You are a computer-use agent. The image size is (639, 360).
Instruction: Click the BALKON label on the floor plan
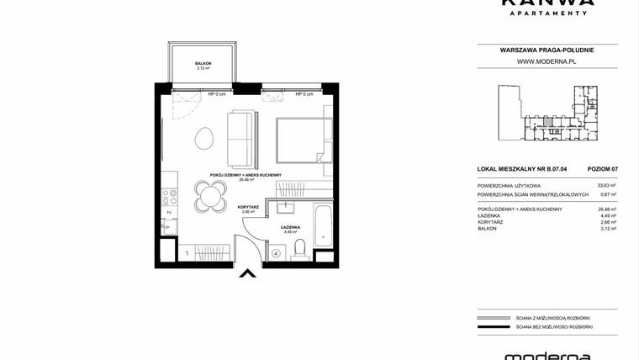click(x=203, y=63)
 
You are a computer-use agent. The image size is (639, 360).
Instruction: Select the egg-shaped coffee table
click(x=203, y=137)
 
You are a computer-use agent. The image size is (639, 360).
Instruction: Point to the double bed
click(x=300, y=140)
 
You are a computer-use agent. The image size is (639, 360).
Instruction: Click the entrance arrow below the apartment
click(x=247, y=272)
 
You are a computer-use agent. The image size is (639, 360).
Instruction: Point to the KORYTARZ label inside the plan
click(x=248, y=207)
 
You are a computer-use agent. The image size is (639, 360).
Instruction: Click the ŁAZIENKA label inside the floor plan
click(x=292, y=227)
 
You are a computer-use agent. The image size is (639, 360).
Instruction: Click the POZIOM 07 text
click(x=603, y=169)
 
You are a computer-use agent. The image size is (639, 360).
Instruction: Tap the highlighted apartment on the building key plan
click(x=547, y=124)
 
